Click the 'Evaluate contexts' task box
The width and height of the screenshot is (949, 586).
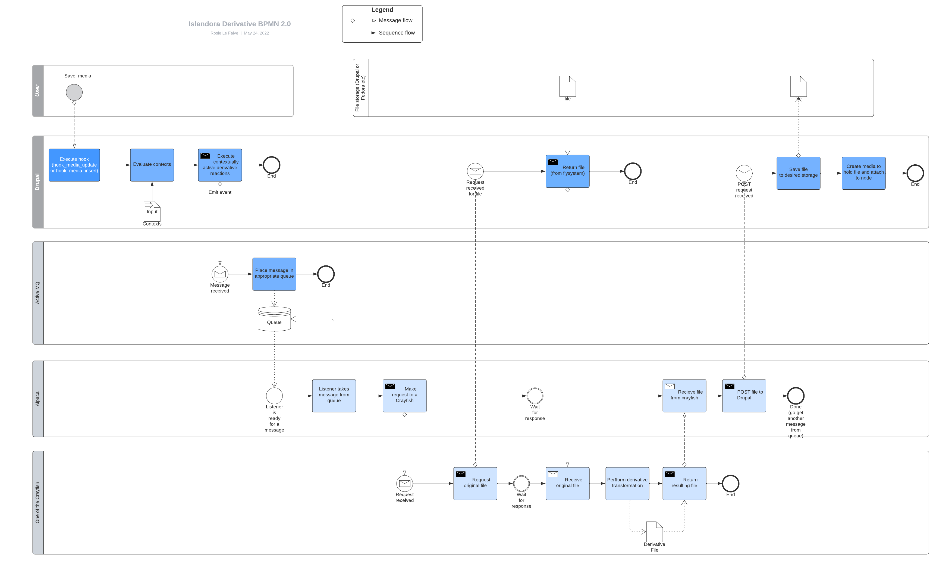coord(152,165)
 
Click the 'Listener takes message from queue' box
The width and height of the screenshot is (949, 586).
coord(334,395)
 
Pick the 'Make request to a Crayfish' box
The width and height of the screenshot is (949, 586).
coord(404,395)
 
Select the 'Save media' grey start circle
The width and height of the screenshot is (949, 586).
coord(74,92)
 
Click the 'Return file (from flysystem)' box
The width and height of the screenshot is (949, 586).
coord(567,171)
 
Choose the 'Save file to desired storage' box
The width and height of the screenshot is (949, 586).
coord(798,173)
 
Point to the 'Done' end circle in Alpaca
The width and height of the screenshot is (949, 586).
coord(795,395)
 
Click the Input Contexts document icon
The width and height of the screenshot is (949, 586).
coord(152,211)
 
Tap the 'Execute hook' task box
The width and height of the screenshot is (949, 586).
coord(74,165)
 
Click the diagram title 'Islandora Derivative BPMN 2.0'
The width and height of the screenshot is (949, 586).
coord(239,24)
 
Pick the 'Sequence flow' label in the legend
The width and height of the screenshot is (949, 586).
coord(396,33)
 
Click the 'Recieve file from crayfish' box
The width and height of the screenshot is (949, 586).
coord(684,395)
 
